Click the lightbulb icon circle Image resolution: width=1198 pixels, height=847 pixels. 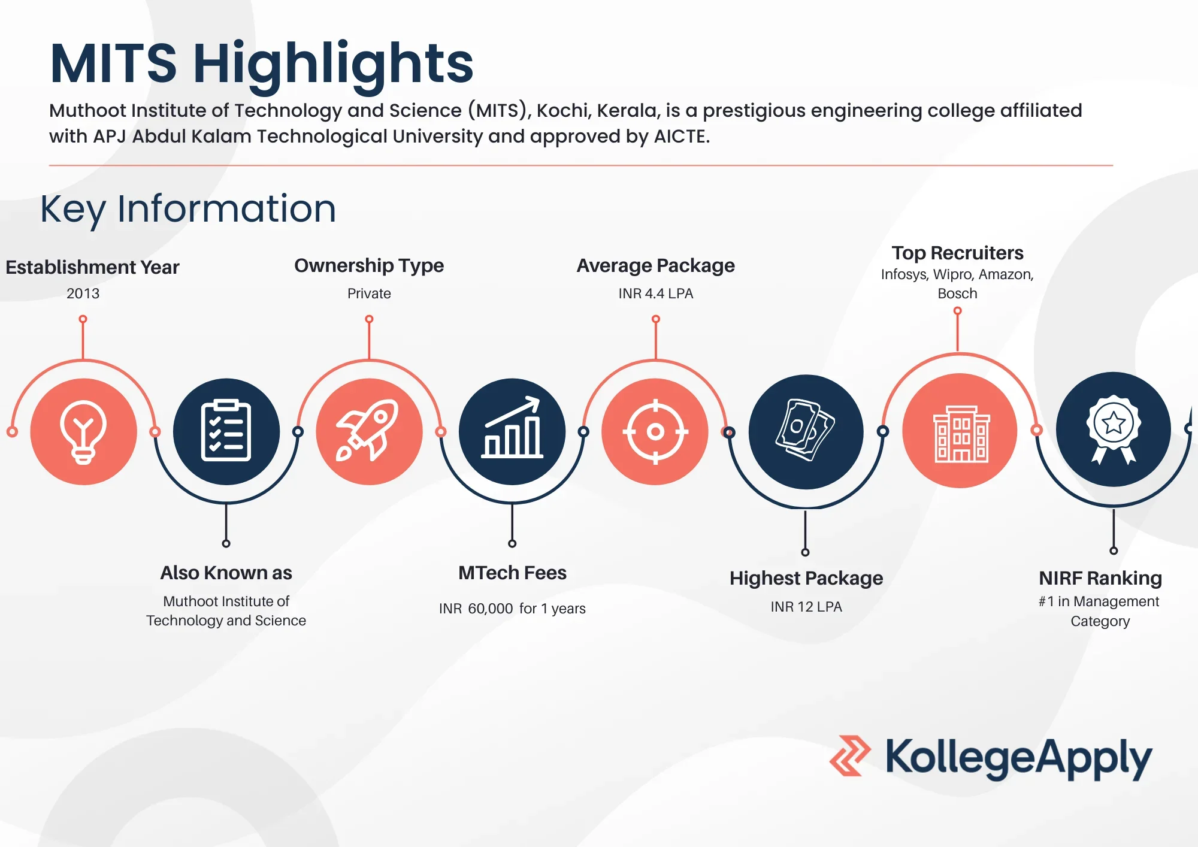pos(83,431)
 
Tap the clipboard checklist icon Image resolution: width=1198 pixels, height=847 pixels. pos(226,431)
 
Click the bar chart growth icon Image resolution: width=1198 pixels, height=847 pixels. pos(512,428)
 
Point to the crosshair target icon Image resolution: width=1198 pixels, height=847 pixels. pos(655,431)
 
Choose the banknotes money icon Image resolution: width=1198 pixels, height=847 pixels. pos(805,429)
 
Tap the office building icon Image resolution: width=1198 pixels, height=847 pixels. pos(961,434)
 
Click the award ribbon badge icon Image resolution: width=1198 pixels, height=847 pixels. pos(1113,429)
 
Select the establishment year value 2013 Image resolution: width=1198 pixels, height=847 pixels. pos(83,294)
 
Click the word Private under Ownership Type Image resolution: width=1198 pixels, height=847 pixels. pos(369,294)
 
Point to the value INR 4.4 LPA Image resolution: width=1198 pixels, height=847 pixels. pos(656,294)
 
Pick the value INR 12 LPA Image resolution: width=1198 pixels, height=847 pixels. pos(806,607)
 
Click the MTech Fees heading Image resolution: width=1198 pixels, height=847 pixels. pos(512,573)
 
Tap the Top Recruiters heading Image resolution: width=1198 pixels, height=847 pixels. pos(957,253)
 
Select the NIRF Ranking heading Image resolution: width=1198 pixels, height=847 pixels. pos(1100,578)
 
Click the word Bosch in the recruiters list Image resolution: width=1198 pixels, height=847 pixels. pos(957,294)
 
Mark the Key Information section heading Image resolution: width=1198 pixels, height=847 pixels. pos(188,209)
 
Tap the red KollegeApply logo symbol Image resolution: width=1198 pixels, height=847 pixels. pos(850,756)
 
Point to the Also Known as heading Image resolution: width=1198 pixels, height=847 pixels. pos(226,573)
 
